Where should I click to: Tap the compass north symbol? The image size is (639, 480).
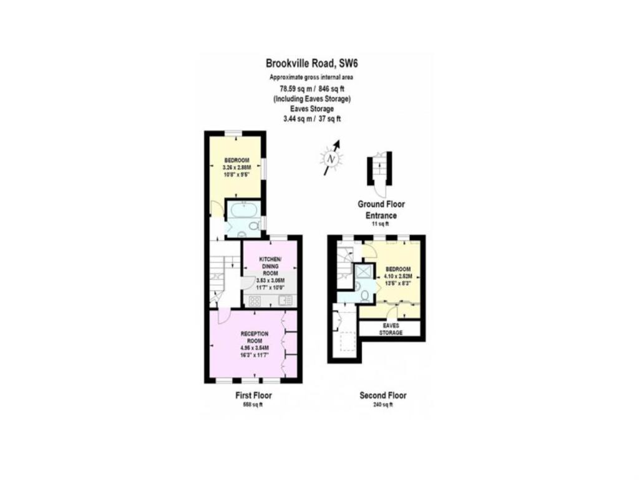(x=332, y=159)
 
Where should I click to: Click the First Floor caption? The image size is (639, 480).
(x=253, y=396)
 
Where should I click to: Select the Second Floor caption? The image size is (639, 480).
(x=383, y=396)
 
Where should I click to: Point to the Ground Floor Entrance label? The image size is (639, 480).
(x=381, y=209)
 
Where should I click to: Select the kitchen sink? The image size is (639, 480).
(x=286, y=301)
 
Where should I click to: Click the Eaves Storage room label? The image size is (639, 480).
(x=391, y=329)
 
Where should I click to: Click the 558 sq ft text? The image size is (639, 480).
(x=253, y=405)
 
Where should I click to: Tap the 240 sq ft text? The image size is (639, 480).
(x=383, y=405)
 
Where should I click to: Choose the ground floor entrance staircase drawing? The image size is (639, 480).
(x=378, y=167)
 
